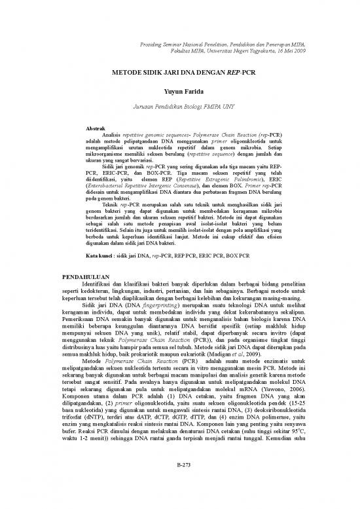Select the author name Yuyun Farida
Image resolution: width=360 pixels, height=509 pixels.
tap(179, 92)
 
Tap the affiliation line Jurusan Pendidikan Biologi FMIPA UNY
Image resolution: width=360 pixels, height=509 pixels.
tap(179, 109)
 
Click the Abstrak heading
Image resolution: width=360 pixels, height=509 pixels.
tap(97, 128)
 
